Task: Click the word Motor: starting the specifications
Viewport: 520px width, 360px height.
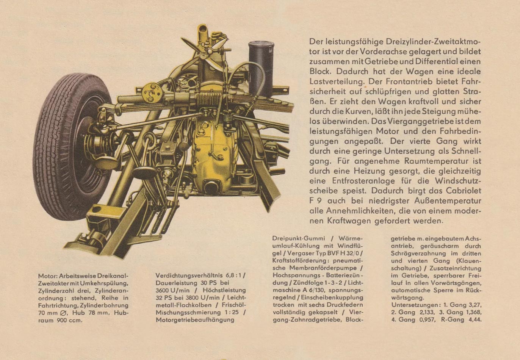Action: [x=47, y=276]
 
